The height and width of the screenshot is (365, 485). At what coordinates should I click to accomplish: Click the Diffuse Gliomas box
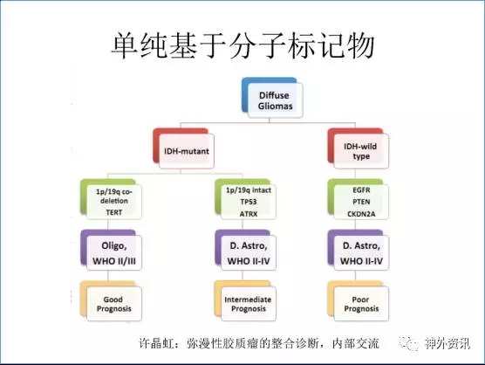[x=272, y=98]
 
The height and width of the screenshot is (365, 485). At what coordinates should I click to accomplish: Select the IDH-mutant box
[x=183, y=149]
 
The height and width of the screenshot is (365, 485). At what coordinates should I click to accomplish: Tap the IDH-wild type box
[x=359, y=149]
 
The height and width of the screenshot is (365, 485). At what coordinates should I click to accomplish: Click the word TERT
[x=114, y=212]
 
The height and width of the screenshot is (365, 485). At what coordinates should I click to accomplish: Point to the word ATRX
[x=249, y=214]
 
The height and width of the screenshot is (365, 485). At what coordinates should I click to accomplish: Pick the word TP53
[x=249, y=202]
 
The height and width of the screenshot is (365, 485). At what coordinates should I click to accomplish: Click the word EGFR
[x=361, y=189]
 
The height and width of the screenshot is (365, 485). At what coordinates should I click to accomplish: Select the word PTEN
[x=361, y=202]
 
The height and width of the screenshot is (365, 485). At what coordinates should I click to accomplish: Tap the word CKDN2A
[x=361, y=214]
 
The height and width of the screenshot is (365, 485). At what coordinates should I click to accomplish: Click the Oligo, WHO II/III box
[x=111, y=251]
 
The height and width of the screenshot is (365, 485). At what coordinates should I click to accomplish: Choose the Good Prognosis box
[x=111, y=301]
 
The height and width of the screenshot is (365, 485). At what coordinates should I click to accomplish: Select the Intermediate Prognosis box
[x=246, y=301]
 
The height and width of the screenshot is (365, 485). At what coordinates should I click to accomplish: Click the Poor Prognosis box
[x=359, y=301]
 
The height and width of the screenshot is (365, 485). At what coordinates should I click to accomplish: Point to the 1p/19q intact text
[x=249, y=190]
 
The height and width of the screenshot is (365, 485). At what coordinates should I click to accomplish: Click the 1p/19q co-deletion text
[x=114, y=196]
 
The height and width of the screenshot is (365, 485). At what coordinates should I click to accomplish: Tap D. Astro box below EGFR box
[x=359, y=251]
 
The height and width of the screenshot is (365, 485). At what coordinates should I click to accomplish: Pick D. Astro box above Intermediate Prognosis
[x=246, y=251]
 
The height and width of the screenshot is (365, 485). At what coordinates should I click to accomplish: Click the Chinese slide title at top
[x=242, y=45]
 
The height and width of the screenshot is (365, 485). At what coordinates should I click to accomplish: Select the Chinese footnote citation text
[x=259, y=343]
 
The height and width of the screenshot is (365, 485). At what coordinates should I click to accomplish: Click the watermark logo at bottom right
[x=435, y=343]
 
